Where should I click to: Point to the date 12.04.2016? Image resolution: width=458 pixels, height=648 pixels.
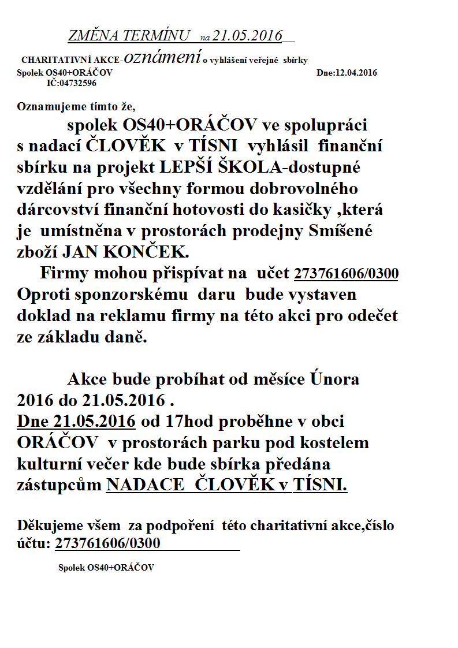coord(356,73)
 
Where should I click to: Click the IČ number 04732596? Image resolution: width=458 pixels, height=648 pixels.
coord(77,83)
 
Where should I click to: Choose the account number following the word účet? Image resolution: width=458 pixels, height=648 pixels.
coord(346,274)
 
